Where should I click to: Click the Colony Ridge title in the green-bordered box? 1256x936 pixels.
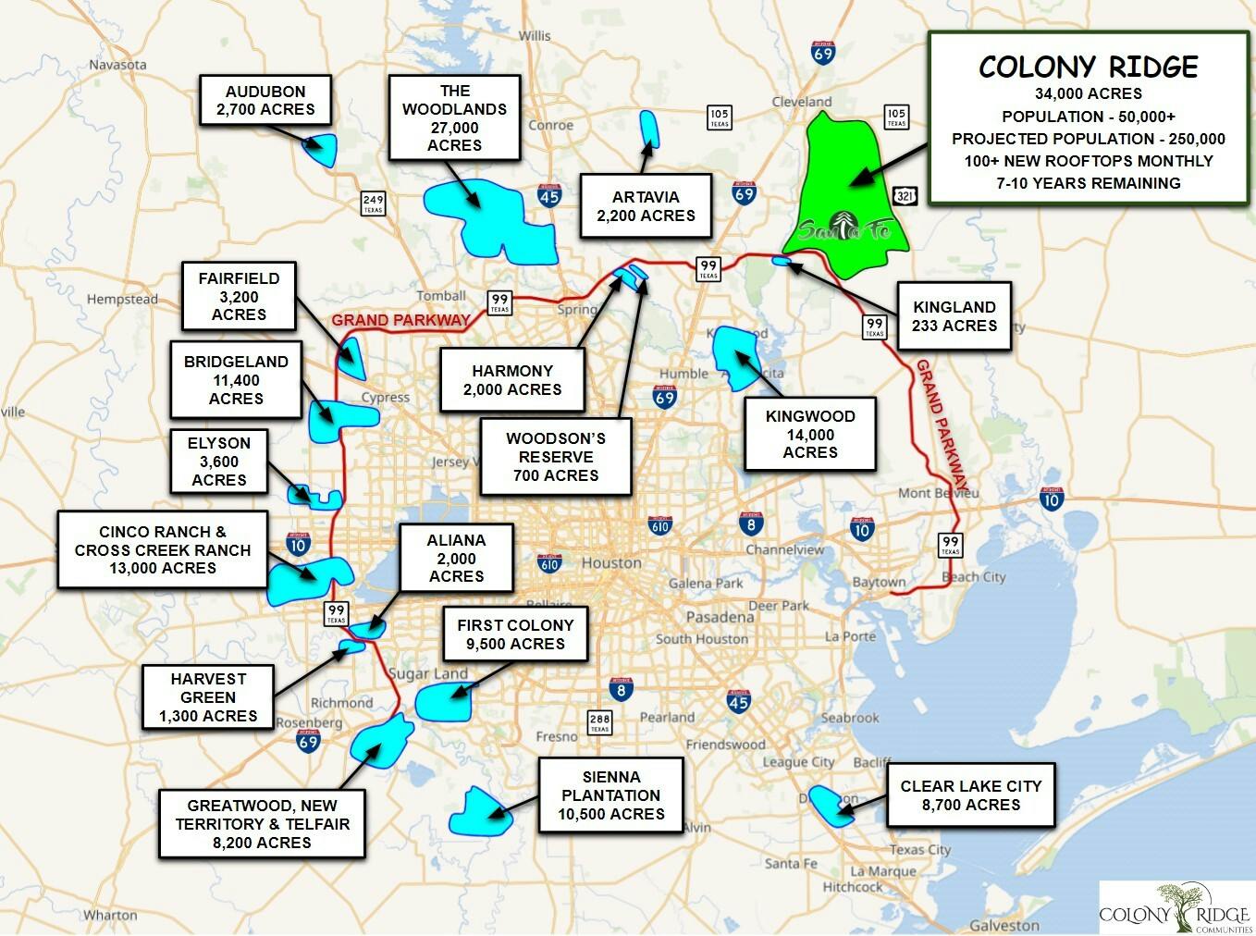(1088, 67)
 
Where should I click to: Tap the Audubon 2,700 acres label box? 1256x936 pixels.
(265, 101)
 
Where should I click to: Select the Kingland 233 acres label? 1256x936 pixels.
(954, 316)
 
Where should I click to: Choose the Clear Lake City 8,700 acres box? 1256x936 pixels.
(970, 794)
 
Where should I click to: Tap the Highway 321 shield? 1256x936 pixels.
(905, 195)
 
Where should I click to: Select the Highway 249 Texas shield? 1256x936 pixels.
(373, 203)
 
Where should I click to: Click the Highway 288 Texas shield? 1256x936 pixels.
(599, 722)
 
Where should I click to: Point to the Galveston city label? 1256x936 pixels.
(1004, 925)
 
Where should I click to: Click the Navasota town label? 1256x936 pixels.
(117, 65)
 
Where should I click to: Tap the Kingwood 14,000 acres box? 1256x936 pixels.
(810, 434)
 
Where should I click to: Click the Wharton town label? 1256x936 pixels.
(110, 915)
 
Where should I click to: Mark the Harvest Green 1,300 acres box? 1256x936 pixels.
(208, 696)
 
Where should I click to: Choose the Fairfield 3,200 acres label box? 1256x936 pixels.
(239, 296)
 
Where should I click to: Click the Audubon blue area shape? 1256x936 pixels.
(323, 149)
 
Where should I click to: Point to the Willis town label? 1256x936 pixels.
(534, 35)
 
